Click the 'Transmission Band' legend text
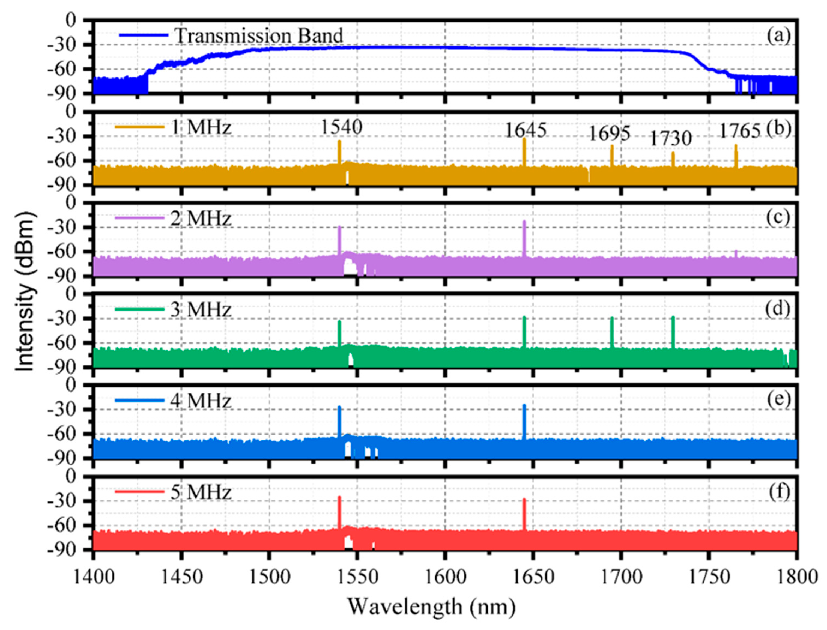(x=259, y=36)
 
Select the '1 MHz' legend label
(x=201, y=127)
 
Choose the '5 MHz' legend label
(x=201, y=492)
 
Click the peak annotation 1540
(x=341, y=127)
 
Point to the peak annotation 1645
(x=526, y=130)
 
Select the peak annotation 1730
(x=670, y=139)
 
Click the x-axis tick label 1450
(x=181, y=576)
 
